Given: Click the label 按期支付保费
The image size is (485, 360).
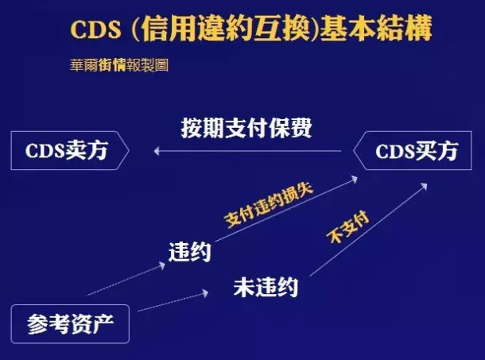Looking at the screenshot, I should pyautogui.click(x=246, y=128).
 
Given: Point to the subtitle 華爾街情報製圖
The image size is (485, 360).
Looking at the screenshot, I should pyautogui.click(x=118, y=65).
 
